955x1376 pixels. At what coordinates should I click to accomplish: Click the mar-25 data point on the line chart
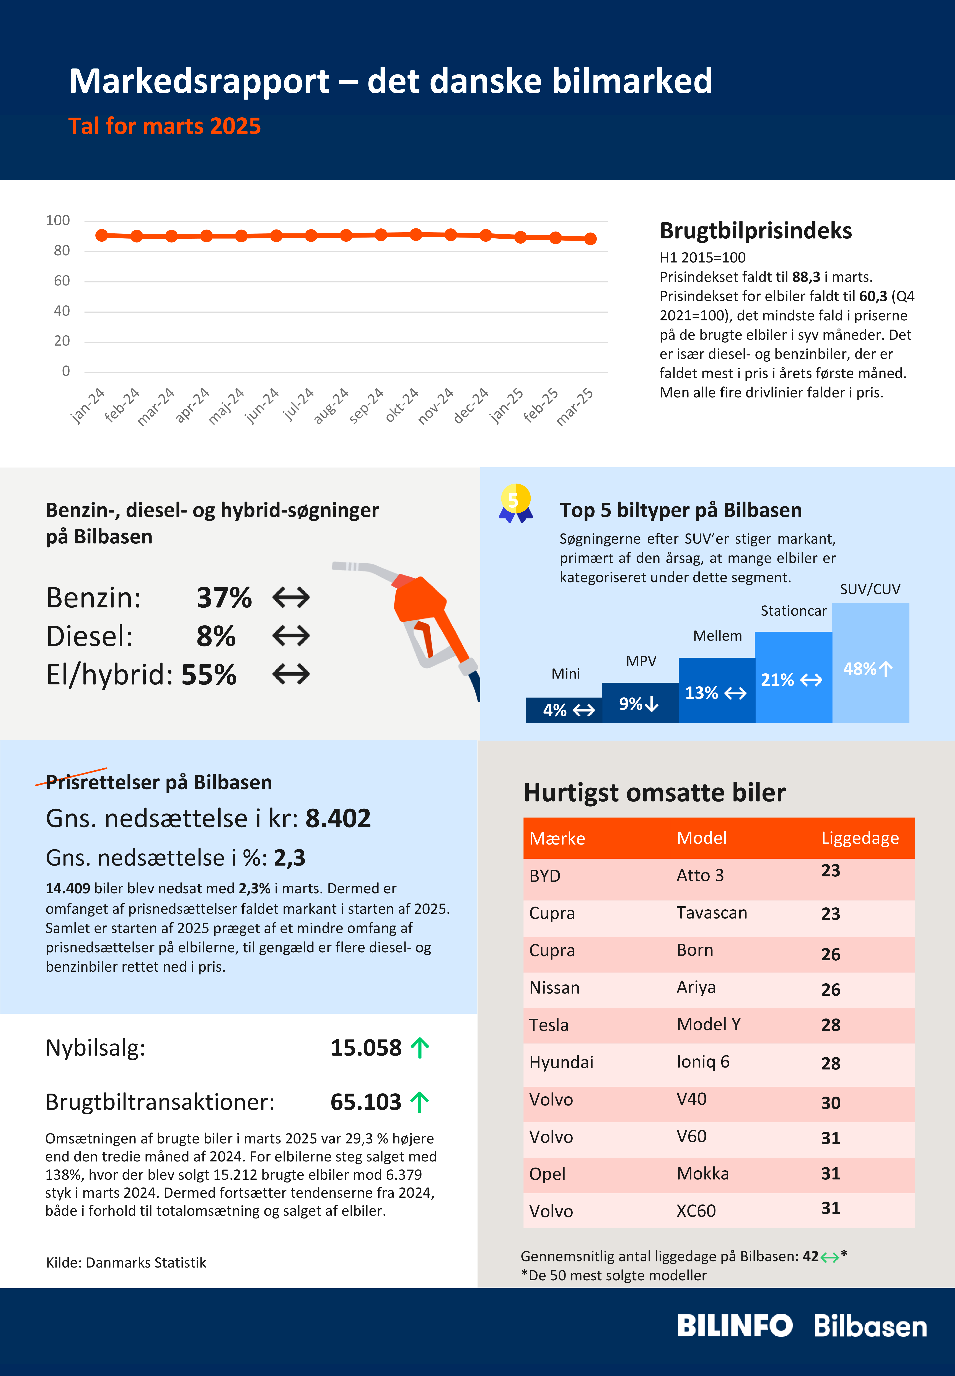590,238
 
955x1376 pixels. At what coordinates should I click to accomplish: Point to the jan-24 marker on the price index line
102,235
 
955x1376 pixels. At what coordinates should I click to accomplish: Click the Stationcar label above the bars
794,611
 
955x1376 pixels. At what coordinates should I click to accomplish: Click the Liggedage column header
860,838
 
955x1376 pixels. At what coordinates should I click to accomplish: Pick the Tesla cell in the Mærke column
549,1025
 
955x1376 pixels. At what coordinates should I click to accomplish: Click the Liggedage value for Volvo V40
831,1102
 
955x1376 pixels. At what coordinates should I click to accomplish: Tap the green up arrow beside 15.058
420,1048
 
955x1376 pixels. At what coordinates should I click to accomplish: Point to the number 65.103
366,1102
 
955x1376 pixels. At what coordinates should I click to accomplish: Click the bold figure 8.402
338,818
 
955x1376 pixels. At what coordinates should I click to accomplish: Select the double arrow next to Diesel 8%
291,635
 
